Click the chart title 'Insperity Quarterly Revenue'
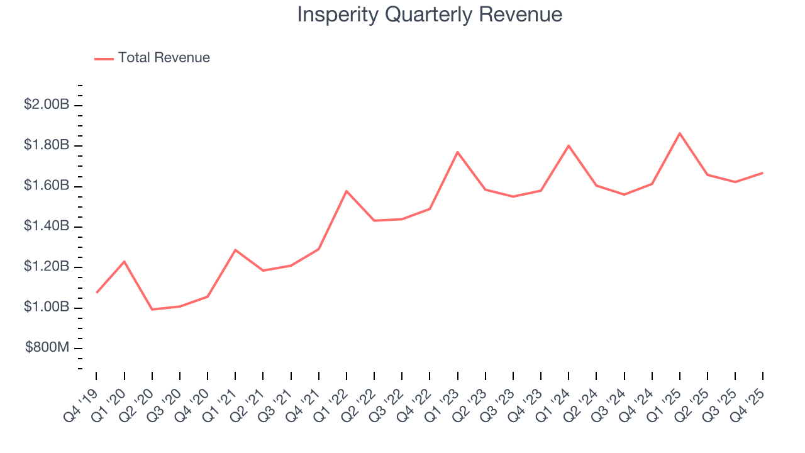pyautogui.click(x=430, y=14)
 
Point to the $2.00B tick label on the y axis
pyautogui.click(x=47, y=104)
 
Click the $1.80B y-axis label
pyautogui.click(x=47, y=145)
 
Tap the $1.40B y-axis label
pyautogui.click(x=47, y=226)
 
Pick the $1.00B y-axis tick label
pyautogui.click(x=47, y=307)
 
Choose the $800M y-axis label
pyautogui.click(x=47, y=347)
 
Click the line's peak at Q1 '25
pyautogui.click(x=680, y=133)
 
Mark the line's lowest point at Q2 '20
pyautogui.click(x=152, y=309)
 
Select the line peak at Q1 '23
pyautogui.click(x=458, y=152)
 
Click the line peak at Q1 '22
pyautogui.click(x=347, y=191)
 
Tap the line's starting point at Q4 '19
pyautogui.click(x=97, y=293)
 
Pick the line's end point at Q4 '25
pyautogui.click(x=763, y=172)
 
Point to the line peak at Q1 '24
pyautogui.click(x=569, y=145)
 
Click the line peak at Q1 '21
pyautogui.click(x=235, y=250)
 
